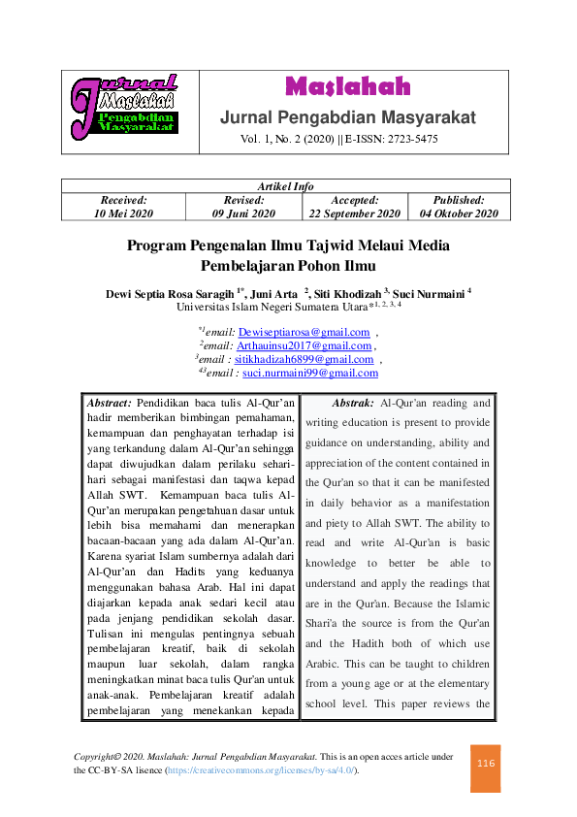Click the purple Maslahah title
pyautogui.click(x=347, y=87)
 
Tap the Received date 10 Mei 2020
pyautogui.click(x=123, y=213)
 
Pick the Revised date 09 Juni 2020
pyautogui.click(x=243, y=213)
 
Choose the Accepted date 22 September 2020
pyautogui.click(x=354, y=213)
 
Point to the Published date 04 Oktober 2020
pyautogui.click(x=459, y=213)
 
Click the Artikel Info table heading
pyautogui.click(x=285, y=186)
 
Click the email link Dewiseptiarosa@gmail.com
pyautogui.click(x=304, y=332)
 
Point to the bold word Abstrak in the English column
pyautogui.click(x=353, y=403)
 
